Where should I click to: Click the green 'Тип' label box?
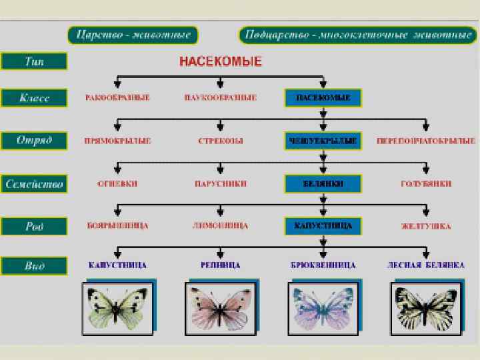34,61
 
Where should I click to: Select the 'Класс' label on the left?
34,99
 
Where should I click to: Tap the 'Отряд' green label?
34,141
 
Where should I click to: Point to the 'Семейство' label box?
35,183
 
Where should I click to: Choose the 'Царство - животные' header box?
133,35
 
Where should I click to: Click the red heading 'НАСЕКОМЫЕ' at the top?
221,62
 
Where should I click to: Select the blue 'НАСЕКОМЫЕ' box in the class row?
323,98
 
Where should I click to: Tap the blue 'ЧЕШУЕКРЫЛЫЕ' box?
323,141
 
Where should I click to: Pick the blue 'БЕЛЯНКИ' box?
323,183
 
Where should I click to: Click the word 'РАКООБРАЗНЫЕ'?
117,98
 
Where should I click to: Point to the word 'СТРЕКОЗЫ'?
220,141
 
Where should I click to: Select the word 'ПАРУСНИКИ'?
220,183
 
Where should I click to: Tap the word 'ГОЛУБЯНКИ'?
426,183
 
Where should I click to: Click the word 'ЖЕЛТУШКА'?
425,226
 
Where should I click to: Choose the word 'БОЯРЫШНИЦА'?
117,226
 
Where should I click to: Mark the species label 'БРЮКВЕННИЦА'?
323,265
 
